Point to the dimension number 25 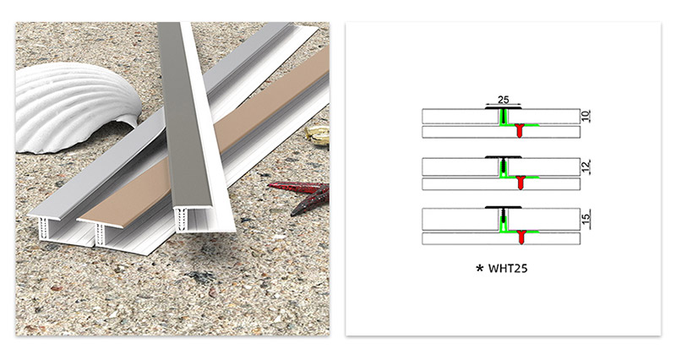[x=503, y=100]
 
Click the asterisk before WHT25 [x=480, y=270]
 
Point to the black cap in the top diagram [x=503, y=107]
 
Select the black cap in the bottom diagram [x=503, y=208]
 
